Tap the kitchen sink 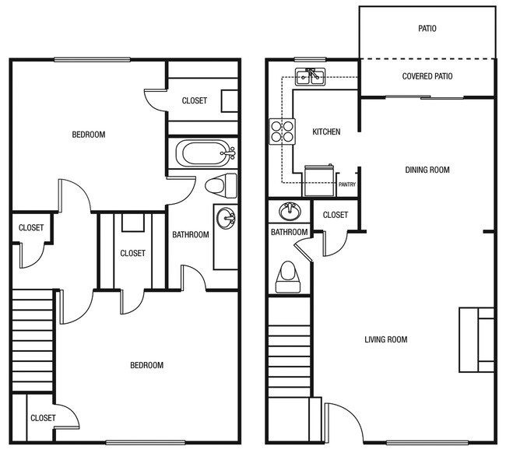tap(310, 75)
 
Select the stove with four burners tap(281, 131)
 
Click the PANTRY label tap(347, 184)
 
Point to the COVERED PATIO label tap(427, 76)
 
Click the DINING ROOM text tap(427, 170)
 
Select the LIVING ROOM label tap(385, 339)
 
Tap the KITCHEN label tap(326, 132)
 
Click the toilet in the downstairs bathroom tap(288, 276)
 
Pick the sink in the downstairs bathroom tap(290, 210)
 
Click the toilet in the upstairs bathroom tap(221, 185)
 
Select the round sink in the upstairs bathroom tap(226, 218)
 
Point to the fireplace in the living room tap(476, 339)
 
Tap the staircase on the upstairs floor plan tap(32, 339)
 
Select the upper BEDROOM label tap(88, 135)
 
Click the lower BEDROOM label tap(146, 365)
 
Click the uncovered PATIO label tap(427, 29)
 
